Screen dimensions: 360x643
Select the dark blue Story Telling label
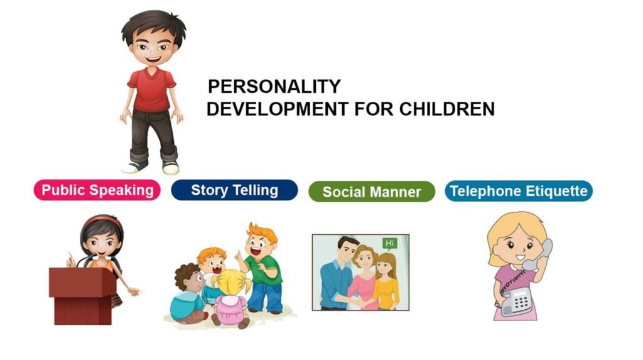coord(234,190)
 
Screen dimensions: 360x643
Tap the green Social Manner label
coord(371,192)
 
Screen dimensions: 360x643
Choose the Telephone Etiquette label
coord(519,191)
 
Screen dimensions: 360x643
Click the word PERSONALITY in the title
coord(274,87)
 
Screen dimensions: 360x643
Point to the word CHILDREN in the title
coord(446,109)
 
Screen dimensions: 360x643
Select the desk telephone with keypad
coord(517,300)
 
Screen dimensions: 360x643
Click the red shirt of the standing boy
coord(151,89)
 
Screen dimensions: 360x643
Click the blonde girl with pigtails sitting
coord(229,298)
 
